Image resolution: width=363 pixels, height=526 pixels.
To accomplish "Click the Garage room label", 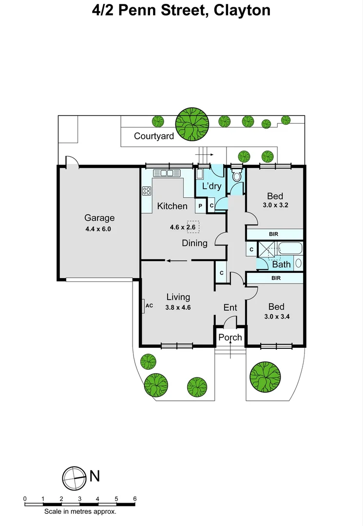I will pos(99,218).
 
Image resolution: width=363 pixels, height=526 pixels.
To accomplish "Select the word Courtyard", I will pos(154,136).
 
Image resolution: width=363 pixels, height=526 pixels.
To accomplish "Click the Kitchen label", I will pos(172,206).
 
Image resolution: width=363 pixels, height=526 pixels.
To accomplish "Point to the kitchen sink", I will pos(167,173).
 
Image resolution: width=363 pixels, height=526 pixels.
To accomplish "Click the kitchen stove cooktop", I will pos(146,191).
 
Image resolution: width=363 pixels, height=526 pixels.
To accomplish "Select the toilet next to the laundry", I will pos(237,175).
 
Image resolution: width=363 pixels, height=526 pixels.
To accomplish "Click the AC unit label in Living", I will pos(150,306).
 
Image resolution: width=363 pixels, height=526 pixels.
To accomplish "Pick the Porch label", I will pos(230,337).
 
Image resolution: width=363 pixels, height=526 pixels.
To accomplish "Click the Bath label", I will pos(281,264).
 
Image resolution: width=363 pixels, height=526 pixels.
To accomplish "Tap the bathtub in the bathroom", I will pos(290,249).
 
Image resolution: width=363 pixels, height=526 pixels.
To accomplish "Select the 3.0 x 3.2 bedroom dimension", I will pos(275,205).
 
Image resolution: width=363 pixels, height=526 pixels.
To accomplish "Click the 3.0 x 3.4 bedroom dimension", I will pos(276,316).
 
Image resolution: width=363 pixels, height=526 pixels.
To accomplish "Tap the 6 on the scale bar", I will pos(134,499).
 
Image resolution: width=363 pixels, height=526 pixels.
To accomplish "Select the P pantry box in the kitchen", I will pos(200,206).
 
